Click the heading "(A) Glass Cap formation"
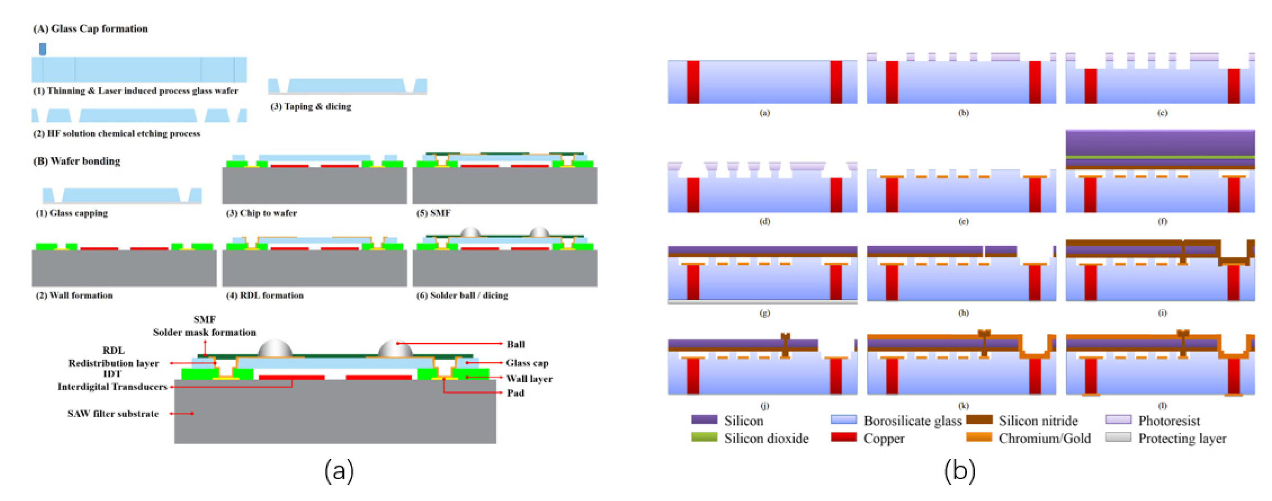pos(90,29)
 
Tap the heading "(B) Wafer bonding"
pos(77,161)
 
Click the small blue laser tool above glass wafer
pos(43,49)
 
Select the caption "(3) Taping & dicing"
pos(311,106)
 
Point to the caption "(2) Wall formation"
pos(74,296)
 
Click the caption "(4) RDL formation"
pos(265,296)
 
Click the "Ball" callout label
pos(515,344)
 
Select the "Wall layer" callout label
pos(529,379)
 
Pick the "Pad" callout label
pos(515,393)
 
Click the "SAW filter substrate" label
pos(113,414)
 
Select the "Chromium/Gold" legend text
pos(1044,438)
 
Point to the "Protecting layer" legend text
pos(1182,438)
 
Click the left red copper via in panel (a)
pos(693,82)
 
